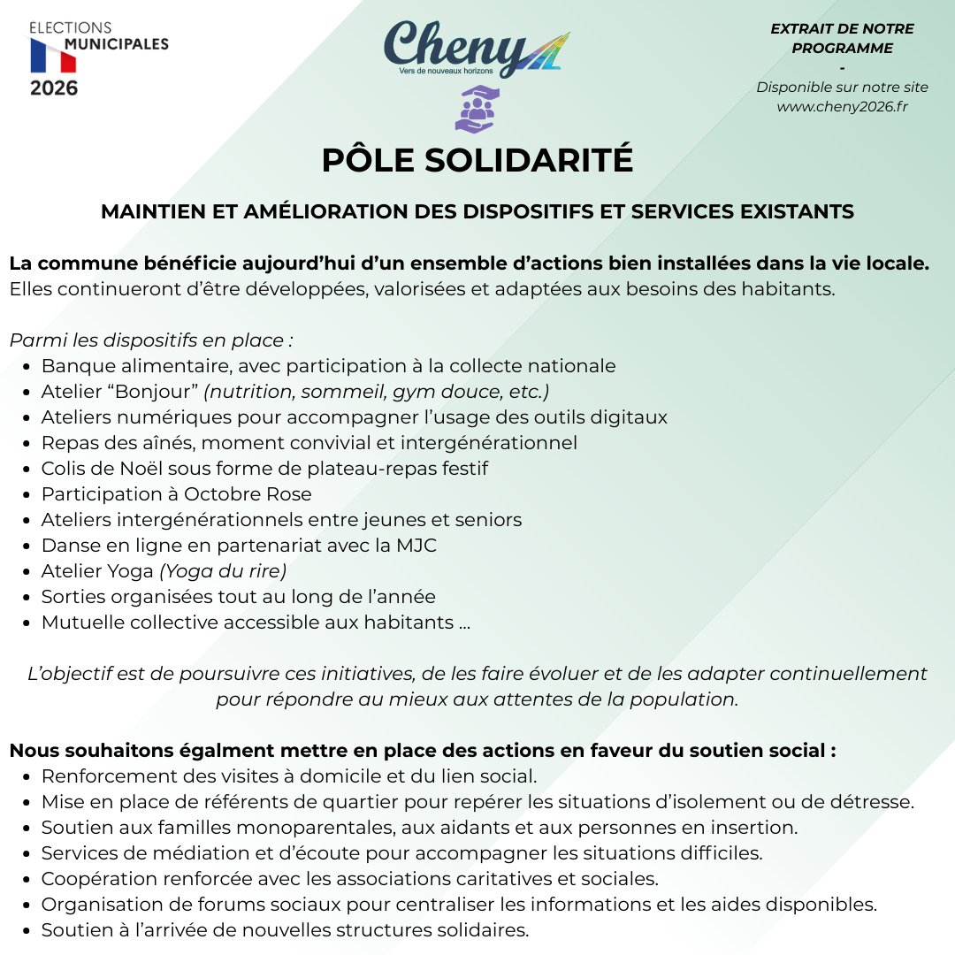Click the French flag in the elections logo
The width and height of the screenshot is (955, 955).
53,57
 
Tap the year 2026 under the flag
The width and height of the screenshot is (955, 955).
53,88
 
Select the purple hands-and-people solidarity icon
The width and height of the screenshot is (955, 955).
477,109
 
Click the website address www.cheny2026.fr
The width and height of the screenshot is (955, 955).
842,106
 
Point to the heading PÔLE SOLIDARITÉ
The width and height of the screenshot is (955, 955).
477,160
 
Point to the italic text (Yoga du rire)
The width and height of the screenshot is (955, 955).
223,570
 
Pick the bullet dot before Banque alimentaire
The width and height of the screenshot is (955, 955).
28,366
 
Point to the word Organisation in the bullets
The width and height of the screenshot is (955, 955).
95,905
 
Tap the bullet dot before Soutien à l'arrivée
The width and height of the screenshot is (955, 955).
28,930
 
